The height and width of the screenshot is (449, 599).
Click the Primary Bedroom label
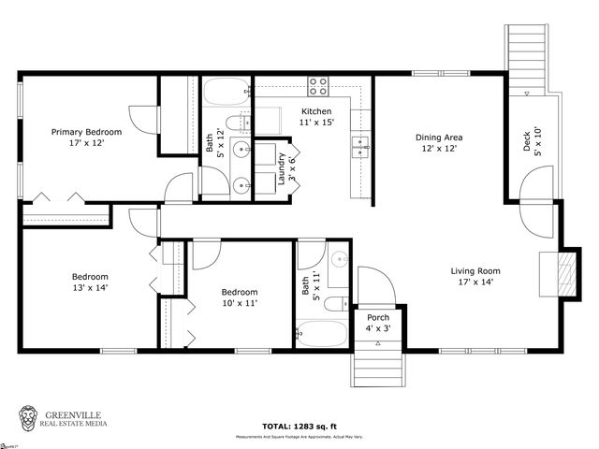85,138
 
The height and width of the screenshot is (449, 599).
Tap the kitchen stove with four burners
319,87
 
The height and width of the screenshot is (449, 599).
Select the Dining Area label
440,143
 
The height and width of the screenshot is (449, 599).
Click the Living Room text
475,276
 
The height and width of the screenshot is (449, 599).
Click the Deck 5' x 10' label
531,141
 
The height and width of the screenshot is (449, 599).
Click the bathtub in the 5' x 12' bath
226,92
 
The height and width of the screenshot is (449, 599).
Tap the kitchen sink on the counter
359,145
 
